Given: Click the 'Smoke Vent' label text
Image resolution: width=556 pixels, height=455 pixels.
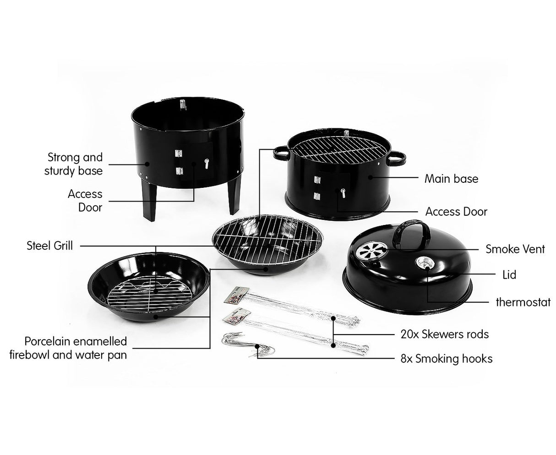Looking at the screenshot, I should coord(515,249).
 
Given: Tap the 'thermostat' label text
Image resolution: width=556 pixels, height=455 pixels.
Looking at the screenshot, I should coord(523,302).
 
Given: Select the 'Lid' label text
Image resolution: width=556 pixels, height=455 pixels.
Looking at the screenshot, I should coord(509,274).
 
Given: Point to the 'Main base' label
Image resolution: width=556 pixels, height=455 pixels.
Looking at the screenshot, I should coord(451,178).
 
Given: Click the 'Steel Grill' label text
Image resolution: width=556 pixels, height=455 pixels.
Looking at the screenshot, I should coord(49,246).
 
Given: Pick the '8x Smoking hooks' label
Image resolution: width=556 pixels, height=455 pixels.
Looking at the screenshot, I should coord(446,358).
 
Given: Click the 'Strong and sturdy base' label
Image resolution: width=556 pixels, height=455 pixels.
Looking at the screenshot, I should coord(74,164).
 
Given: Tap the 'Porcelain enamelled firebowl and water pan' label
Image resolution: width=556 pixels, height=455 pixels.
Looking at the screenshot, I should coord(76,348).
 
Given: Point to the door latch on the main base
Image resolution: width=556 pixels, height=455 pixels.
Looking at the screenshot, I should coord(342,192).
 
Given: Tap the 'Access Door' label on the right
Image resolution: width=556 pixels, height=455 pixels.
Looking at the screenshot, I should coord(456,212).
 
